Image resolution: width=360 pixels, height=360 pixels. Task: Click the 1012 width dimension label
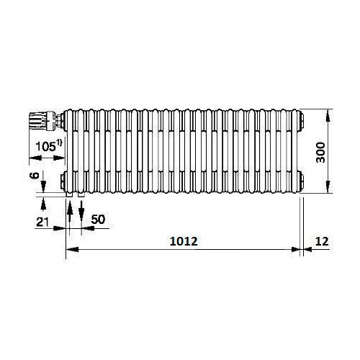[184, 241]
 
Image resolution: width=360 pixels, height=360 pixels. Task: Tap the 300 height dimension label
[320, 153]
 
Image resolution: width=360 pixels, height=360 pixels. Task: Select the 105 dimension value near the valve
[45, 146]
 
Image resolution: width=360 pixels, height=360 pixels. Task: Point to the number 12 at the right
[322, 241]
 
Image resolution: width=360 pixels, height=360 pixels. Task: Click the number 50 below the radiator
[98, 220]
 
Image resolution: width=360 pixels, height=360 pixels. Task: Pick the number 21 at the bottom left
[42, 222]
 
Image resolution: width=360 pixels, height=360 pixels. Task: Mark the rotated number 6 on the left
[35, 176]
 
